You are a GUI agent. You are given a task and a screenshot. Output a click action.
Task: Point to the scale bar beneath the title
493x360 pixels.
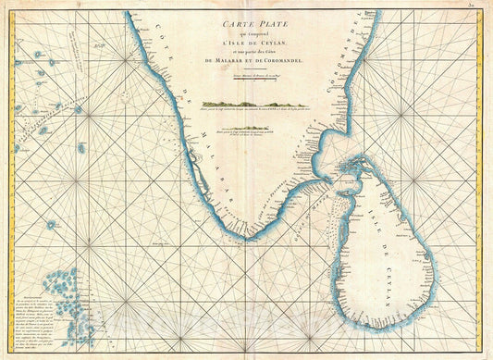point(243,72)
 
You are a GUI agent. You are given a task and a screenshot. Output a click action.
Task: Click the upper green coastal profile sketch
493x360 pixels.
point(242,105)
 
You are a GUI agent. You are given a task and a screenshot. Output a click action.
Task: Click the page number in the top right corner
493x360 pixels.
point(482,6)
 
